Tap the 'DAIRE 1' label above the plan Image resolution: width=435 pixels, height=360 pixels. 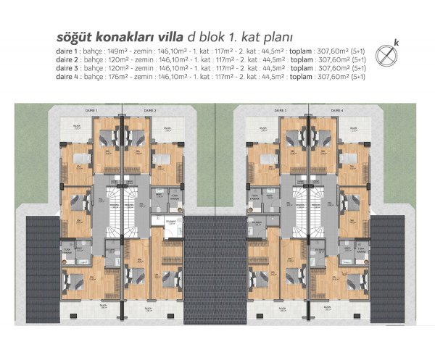91,110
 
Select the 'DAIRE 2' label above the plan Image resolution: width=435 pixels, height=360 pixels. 150,110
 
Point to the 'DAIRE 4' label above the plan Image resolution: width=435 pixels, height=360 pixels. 339,110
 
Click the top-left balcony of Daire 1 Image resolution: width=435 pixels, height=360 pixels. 75,130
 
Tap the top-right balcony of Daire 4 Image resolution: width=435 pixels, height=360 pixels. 355,130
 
